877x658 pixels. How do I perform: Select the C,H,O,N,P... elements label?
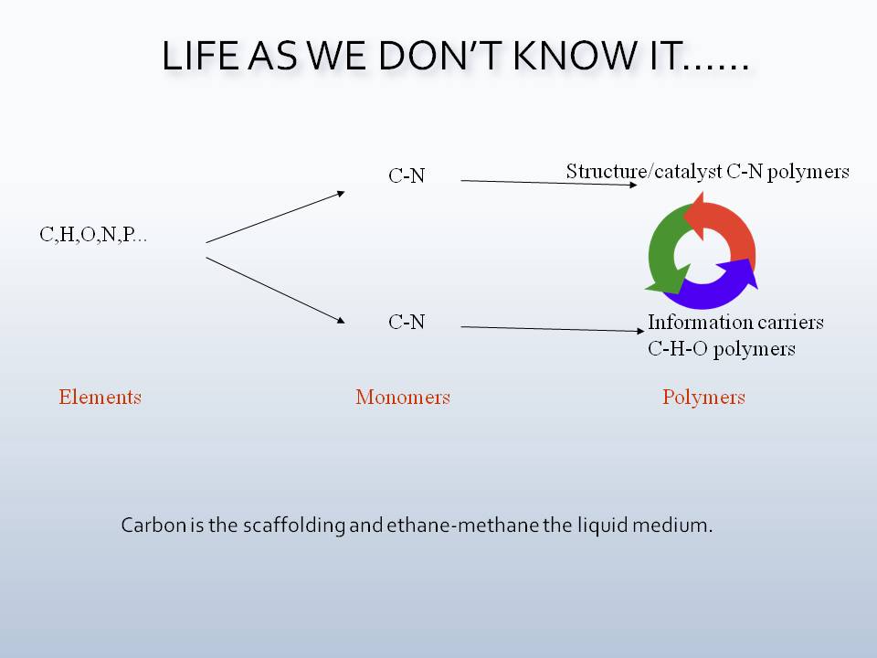point(93,235)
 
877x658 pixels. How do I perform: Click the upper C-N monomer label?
point(407,176)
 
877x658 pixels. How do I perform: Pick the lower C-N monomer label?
point(407,322)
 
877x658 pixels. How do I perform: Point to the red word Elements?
point(100,397)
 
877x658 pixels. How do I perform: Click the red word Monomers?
point(403,397)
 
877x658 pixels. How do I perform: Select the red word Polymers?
point(703,397)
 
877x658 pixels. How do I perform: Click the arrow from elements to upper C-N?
point(275,217)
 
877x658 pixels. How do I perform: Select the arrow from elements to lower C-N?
point(275,290)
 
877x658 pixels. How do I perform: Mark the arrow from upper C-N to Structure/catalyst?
point(548,183)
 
